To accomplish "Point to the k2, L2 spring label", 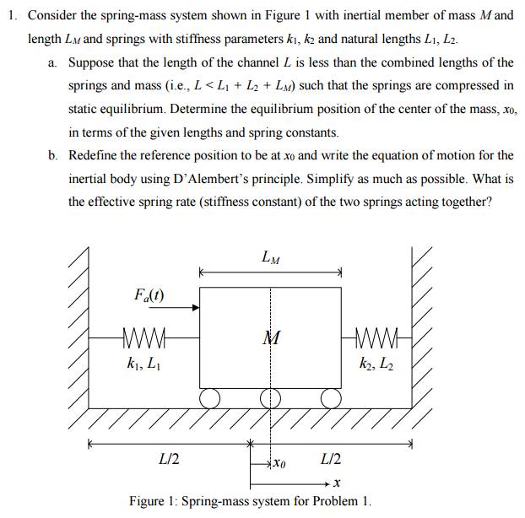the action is pos(376,364).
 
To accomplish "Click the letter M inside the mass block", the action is pos(271,339).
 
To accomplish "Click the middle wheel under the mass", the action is pos(271,397).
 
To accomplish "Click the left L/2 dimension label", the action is pos(168,460).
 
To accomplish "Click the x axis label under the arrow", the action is pos(335,483).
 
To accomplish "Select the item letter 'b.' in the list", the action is pos(53,155).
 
